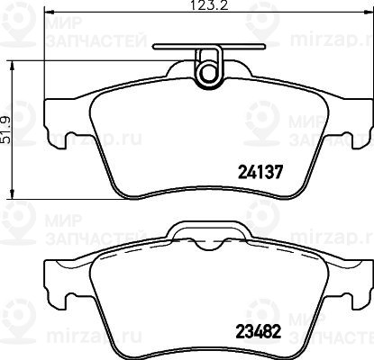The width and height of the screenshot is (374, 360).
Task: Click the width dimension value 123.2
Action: coord(209,5)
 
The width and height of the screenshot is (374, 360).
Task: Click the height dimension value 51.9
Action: coord(5,130)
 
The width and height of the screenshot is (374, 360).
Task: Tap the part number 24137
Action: coord(260,172)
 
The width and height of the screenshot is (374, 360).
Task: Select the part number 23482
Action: coord(259,332)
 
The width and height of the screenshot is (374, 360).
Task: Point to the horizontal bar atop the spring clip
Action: coord(209,47)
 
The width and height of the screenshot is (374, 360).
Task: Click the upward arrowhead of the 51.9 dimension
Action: coord(12,65)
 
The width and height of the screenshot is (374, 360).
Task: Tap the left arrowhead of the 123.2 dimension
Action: coord(49,12)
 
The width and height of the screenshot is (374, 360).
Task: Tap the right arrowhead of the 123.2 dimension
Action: coord(369,12)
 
